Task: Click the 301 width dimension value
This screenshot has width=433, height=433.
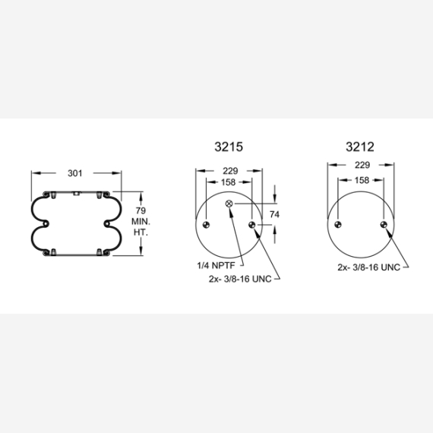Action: click(x=75, y=173)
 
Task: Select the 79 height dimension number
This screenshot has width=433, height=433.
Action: click(x=141, y=210)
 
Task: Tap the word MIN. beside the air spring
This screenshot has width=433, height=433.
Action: click(x=141, y=222)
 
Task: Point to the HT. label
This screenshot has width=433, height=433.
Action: click(x=141, y=232)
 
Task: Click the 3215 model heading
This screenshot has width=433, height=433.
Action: click(x=229, y=147)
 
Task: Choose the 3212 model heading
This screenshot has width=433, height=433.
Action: click(x=360, y=147)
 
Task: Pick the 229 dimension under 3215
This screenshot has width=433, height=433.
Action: click(x=230, y=171)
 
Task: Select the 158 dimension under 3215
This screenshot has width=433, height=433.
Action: click(x=229, y=182)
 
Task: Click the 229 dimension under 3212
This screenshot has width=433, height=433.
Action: click(x=362, y=165)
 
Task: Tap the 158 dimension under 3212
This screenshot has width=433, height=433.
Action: click(x=362, y=180)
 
